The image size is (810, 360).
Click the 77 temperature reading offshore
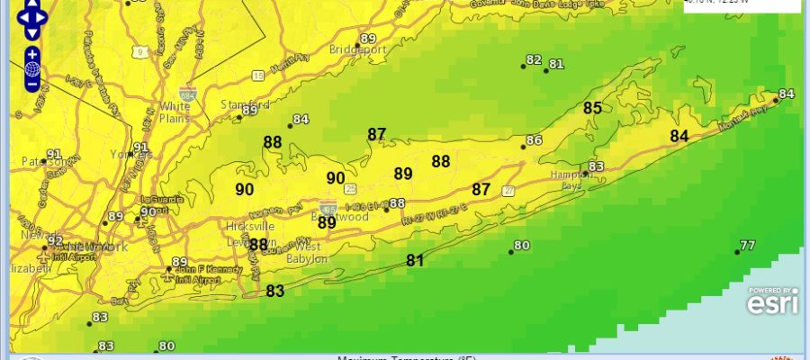tap(747, 246)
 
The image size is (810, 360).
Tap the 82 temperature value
tap(534, 60)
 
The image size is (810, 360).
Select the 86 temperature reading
tap(534, 140)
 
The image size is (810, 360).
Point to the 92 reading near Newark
tap(55, 240)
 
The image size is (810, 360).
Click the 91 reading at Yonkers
tap(140, 148)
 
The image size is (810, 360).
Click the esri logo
tap(772, 304)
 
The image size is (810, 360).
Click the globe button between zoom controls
tap(31, 69)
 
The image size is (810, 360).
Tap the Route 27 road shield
tap(509, 191)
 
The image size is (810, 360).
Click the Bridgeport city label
tap(357, 49)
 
